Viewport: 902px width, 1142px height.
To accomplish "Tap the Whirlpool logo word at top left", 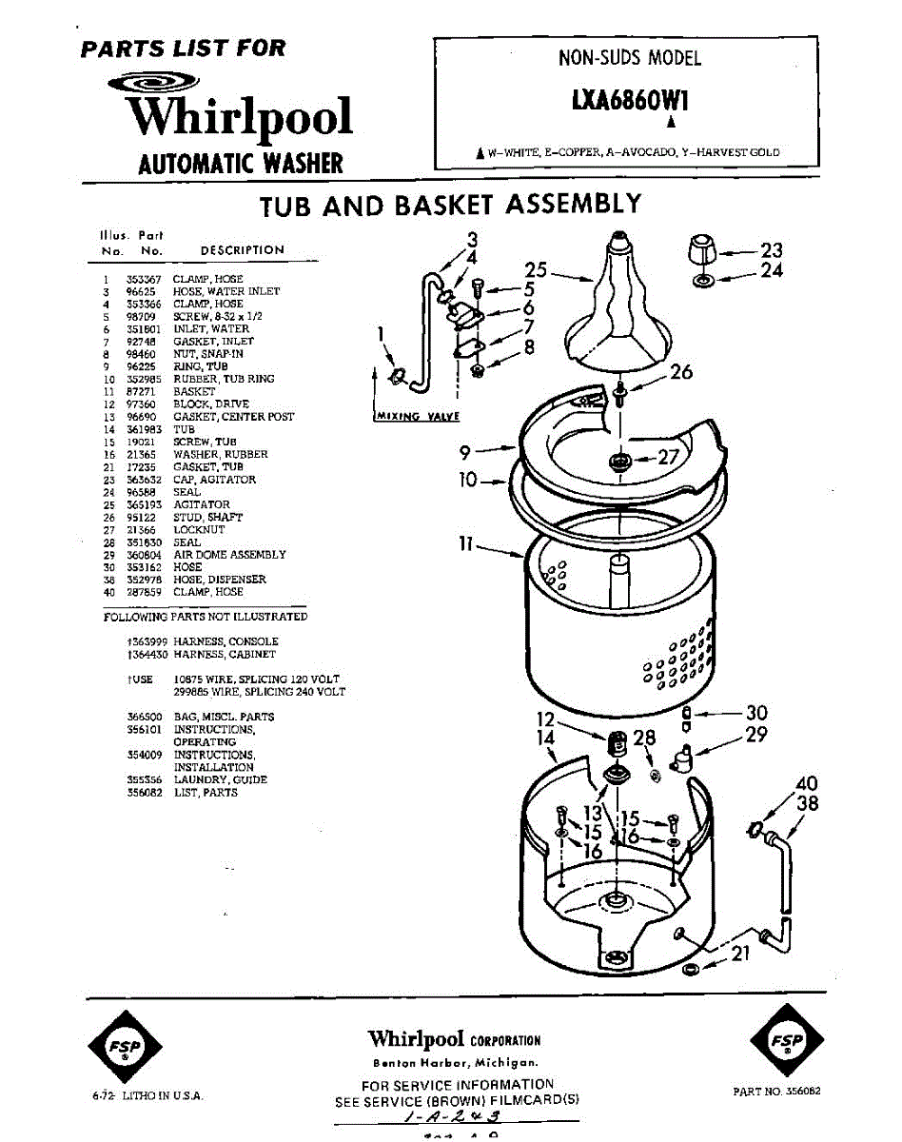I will pos(240,117).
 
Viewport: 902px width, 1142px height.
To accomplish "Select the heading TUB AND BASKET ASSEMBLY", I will pos(450,206).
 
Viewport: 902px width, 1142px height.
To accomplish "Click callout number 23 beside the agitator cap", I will pos(772,250).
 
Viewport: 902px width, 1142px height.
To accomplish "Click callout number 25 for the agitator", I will pos(536,270).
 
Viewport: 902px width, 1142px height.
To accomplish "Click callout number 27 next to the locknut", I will pos(669,458).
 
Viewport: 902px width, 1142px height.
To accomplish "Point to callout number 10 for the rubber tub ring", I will pos(467,481).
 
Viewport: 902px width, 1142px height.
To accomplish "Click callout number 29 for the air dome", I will pos(755,735).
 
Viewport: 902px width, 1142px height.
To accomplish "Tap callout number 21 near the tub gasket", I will pos(740,953).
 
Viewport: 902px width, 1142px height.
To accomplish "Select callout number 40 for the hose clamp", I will pos(807,785).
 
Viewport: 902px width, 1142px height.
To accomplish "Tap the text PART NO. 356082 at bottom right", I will pos(776,1092).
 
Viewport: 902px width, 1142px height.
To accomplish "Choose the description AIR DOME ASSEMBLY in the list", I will pos(229,555).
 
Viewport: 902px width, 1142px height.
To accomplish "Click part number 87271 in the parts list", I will pos(142,392).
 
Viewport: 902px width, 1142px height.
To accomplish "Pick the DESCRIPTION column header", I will pos(242,250).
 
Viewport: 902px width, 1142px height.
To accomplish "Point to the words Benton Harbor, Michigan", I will pos(454,1062).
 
